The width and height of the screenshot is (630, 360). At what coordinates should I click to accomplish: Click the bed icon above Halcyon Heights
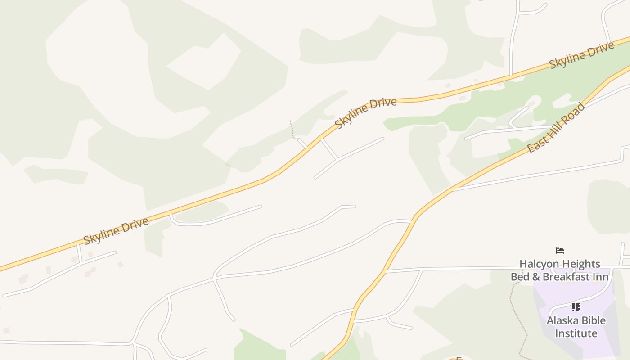[560, 251]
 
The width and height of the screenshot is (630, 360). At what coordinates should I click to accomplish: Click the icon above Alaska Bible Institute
[576, 307]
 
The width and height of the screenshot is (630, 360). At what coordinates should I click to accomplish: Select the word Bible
[594, 320]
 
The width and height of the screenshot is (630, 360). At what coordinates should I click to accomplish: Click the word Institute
[576, 333]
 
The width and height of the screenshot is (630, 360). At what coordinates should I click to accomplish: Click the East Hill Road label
[556, 128]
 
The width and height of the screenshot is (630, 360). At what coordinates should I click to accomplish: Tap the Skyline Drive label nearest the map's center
[366, 112]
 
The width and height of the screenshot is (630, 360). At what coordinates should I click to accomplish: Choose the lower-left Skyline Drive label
[116, 231]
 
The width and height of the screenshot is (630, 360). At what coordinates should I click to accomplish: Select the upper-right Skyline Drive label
[581, 55]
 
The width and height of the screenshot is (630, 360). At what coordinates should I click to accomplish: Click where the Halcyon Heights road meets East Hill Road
[385, 271]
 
